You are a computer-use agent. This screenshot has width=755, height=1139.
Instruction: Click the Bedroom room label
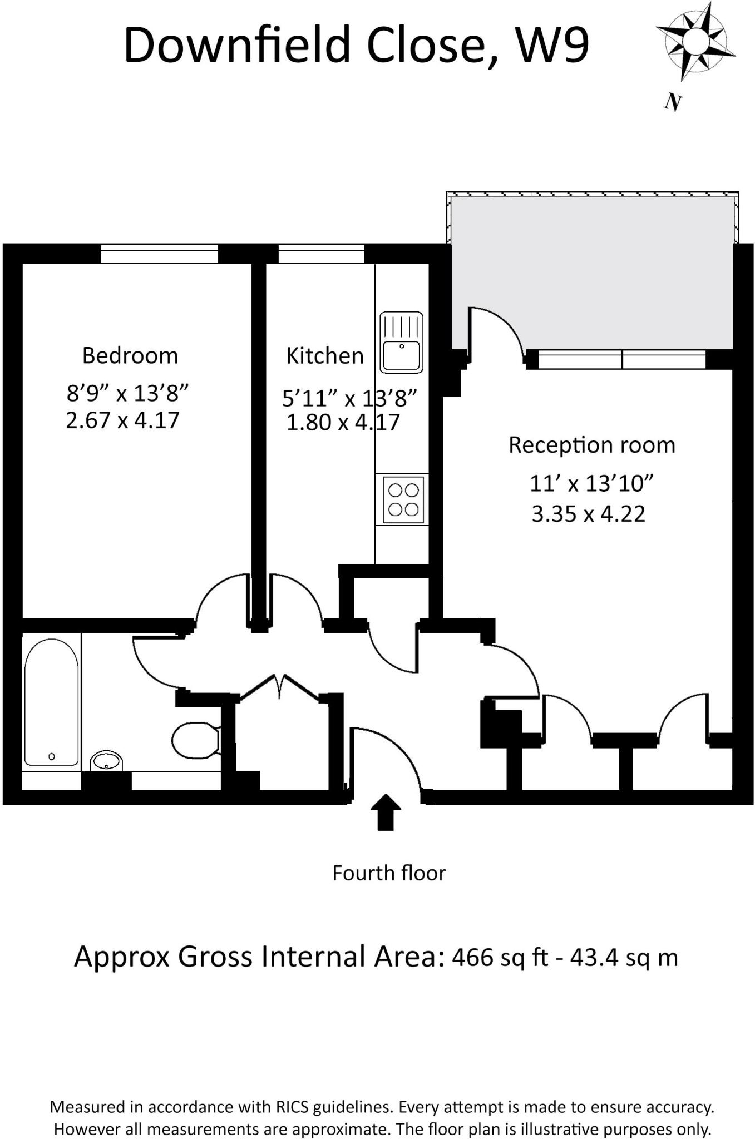coord(130,356)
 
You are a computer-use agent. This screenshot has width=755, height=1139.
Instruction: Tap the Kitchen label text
coord(324,356)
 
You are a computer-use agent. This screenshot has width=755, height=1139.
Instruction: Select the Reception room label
coord(591,445)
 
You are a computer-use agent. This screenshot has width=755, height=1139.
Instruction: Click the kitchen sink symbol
coord(401,342)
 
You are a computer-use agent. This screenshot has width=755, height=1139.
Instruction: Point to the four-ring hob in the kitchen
coord(403,499)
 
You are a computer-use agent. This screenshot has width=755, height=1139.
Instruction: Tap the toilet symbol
coord(195,740)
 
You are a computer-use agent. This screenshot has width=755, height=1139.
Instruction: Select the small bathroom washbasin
coord(106,761)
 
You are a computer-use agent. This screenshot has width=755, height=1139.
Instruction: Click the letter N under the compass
coord(673,102)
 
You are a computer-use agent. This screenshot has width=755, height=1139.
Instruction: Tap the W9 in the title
coord(552,46)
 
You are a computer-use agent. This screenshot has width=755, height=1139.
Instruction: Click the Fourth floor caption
coord(388,874)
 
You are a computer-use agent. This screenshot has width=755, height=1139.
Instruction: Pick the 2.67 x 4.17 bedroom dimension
coord(122,420)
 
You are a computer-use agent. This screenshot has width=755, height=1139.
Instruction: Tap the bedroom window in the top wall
coord(159,254)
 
